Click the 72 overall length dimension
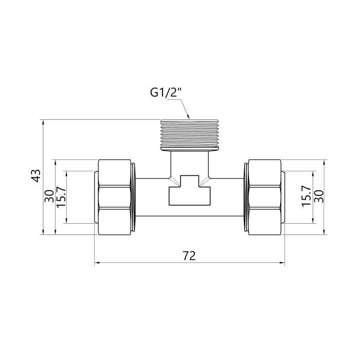pyautogui.click(x=189, y=256)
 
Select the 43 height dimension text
pyautogui.click(x=35, y=176)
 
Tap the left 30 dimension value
pyautogui.click(x=49, y=196)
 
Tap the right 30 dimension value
pyautogui.click(x=318, y=196)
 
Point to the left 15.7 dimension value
pyautogui.click(x=61, y=196)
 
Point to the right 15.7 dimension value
pyautogui.click(x=306, y=196)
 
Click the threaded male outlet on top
pyautogui.click(x=190, y=135)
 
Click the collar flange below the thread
pyautogui.click(x=190, y=151)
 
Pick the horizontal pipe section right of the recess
pyautogui.click(x=228, y=197)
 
